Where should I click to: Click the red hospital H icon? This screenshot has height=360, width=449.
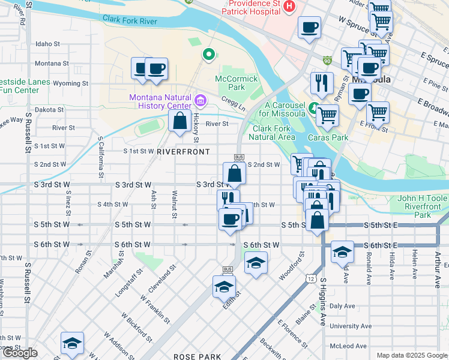[x=290, y=7]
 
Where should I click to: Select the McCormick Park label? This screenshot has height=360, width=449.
[x=230, y=83]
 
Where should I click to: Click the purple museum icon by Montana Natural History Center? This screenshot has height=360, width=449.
[x=200, y=98]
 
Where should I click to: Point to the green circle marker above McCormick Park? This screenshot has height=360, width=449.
[x=208, y=55]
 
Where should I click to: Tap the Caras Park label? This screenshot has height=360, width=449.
[x=328, y=137]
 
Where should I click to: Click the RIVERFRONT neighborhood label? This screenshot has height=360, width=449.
[x=183, y=152]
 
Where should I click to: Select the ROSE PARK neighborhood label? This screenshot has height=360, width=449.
[x=197, y=356]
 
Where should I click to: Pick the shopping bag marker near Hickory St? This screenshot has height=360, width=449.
[x=179, y=121]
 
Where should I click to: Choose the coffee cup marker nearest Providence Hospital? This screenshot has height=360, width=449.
[x=309, y=28]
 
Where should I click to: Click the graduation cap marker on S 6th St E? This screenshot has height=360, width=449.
[x=342, y=251]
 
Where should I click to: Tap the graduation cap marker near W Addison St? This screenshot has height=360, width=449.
[x=72, y=343]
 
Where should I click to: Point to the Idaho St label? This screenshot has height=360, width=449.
[x=48, y=44]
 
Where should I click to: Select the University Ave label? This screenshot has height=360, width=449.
[x=347, y=326]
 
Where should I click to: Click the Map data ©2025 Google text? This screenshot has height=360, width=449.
[x=411, y=355]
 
